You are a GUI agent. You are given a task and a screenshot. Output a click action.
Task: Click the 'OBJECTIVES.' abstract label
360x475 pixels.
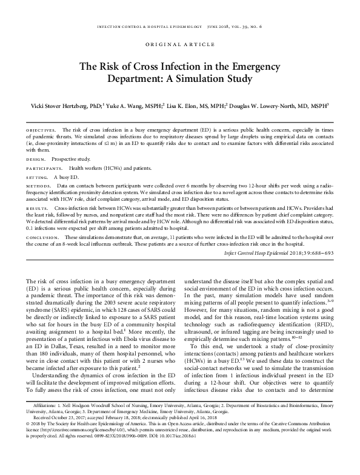tap(40, 130)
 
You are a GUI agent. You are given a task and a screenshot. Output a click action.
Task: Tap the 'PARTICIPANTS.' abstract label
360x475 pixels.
tap(44, 167)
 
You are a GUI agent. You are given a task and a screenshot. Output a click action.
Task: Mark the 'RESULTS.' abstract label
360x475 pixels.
tap(36, 207)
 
